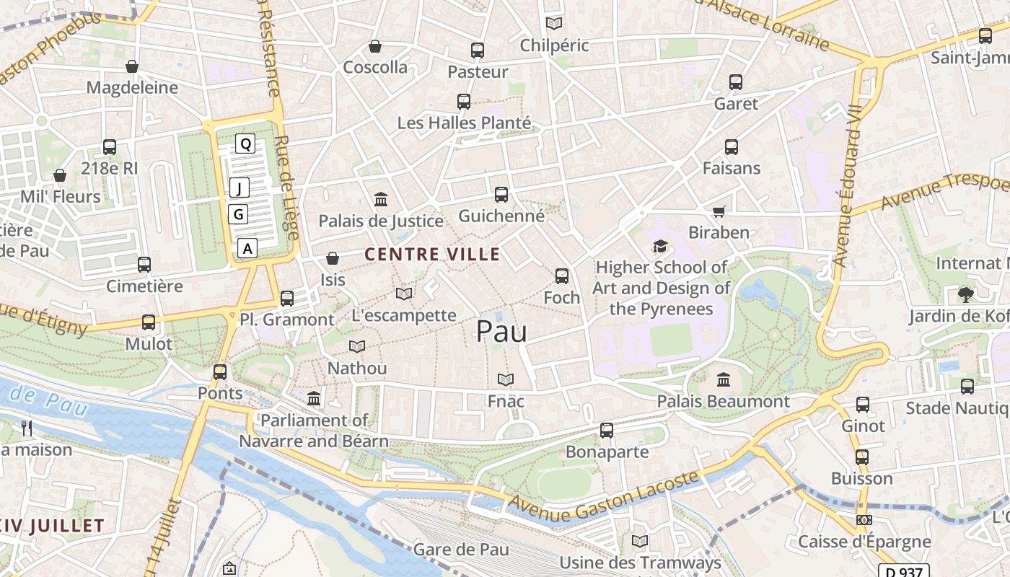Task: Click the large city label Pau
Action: [501, 332]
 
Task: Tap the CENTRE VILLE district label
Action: [432, 254]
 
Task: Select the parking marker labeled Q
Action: [245, 144]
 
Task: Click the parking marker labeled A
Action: [247, 248]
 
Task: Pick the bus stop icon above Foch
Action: [562, 276]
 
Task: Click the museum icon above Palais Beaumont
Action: [724, 379]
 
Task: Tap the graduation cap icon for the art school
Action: [660, 247]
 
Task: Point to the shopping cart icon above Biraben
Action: [719, 211]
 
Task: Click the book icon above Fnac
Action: [506, 379]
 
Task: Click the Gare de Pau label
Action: [461, 550]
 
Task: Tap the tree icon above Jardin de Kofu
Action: [965, 294]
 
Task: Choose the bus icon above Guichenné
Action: [501, 194]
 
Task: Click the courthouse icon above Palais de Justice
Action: [381, 199]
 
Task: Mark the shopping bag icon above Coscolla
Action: [375, 46]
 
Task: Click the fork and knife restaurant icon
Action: [27, 428]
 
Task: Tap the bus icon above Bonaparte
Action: [607, 431]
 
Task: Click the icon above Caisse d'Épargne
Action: [864, 520]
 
